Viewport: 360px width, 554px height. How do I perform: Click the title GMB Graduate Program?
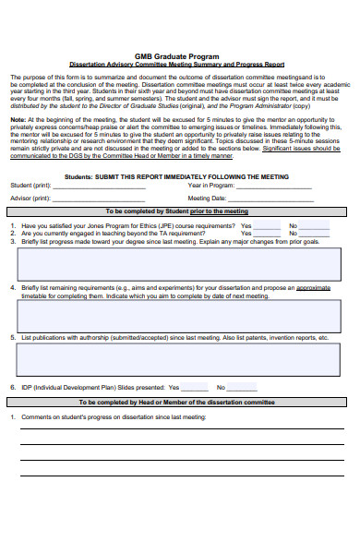179,56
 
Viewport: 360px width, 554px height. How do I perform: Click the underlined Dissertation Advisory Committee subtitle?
179,65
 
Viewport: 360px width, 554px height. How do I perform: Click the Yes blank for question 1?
266,226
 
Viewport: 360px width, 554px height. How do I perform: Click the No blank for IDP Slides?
243,388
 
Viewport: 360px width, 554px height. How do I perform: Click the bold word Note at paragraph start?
18,119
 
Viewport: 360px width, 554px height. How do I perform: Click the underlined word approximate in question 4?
314,287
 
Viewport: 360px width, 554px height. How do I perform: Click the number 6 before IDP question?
12,388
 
